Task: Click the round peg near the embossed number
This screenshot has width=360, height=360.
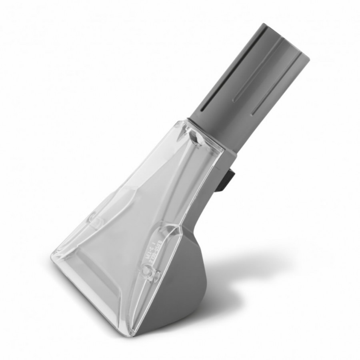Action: tap(148, 276)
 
